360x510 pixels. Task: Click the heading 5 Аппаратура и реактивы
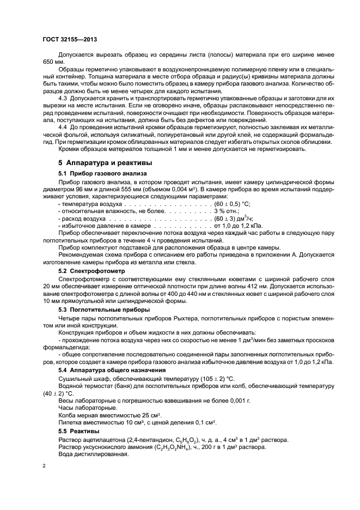click(105, 162)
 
